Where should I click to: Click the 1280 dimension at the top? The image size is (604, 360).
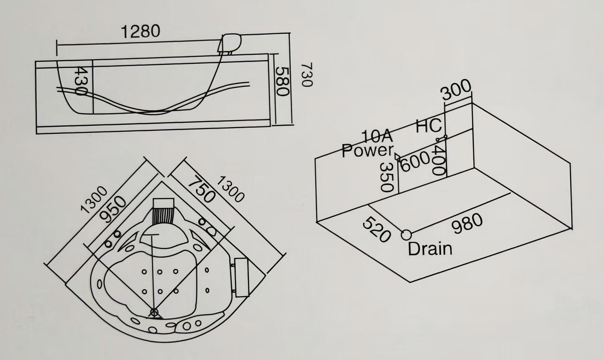140,32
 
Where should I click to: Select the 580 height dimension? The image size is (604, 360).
281,81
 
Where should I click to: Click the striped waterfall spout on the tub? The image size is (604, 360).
163,215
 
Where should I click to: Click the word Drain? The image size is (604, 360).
430,249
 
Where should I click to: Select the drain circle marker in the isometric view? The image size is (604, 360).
406,234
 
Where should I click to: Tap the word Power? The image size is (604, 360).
367,151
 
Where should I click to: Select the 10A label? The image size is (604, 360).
376,137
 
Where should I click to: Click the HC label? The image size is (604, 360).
429,126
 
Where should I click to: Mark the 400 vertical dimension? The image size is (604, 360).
439,160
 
